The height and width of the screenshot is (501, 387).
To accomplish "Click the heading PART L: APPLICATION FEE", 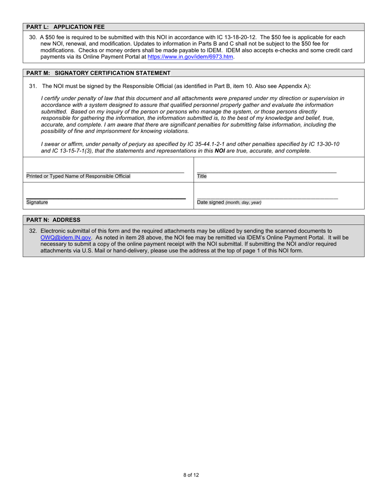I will coord(66,27).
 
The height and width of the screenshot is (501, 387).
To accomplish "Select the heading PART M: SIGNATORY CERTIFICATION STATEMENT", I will coord(98,73).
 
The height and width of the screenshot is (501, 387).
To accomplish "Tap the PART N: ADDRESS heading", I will coord(53,220).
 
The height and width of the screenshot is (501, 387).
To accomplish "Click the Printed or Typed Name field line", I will coord(105,172).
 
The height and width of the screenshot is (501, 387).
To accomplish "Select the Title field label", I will coord(202,176).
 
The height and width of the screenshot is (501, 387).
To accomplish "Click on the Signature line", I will coord(106,198).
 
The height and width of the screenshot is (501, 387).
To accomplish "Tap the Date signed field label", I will coord(229,202).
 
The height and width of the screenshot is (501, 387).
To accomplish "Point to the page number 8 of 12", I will coord(191,475).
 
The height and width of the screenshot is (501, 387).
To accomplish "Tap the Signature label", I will coord(37,202).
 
